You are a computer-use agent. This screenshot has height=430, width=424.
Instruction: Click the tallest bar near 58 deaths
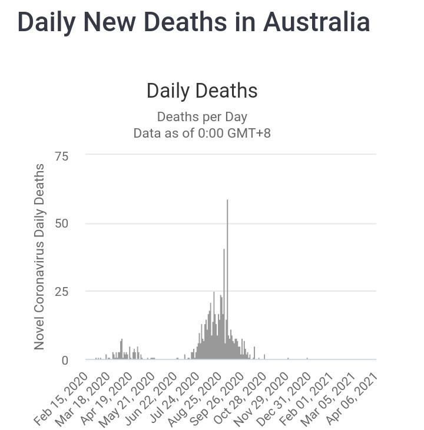(227, 276)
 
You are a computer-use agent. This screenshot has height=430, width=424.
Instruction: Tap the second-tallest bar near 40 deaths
(224, 300)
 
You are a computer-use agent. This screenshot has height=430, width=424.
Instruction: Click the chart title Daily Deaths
(202, 91)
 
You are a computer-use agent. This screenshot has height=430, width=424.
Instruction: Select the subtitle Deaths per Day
(202, 116)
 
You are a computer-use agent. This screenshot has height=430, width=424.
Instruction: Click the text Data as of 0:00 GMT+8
(202, 133)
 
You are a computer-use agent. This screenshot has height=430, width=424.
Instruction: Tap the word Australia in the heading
(316, 22)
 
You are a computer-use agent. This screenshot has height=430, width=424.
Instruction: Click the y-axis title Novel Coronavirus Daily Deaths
(39, 257)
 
